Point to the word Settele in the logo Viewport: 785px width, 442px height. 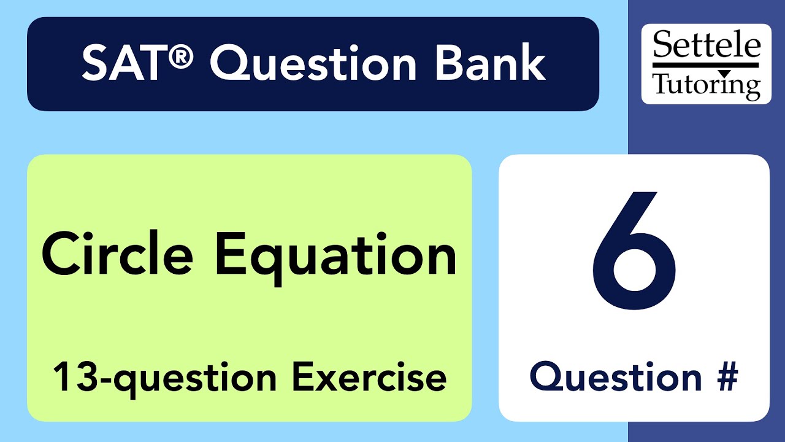pos(706,45)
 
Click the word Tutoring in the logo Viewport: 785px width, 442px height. pos(706,84)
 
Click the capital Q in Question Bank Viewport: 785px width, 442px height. pos(229,64)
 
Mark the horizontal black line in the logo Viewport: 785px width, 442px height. pos(706,64)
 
